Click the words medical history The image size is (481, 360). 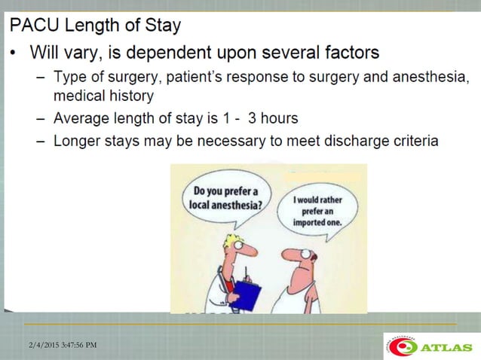click(x=103, y=96)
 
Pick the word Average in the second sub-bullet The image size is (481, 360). click(x=82, y=118)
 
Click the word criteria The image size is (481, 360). click(x=412, y=141)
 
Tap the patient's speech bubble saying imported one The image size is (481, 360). click(x=317, y=212)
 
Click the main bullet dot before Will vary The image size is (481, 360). click(x=14, y=54)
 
